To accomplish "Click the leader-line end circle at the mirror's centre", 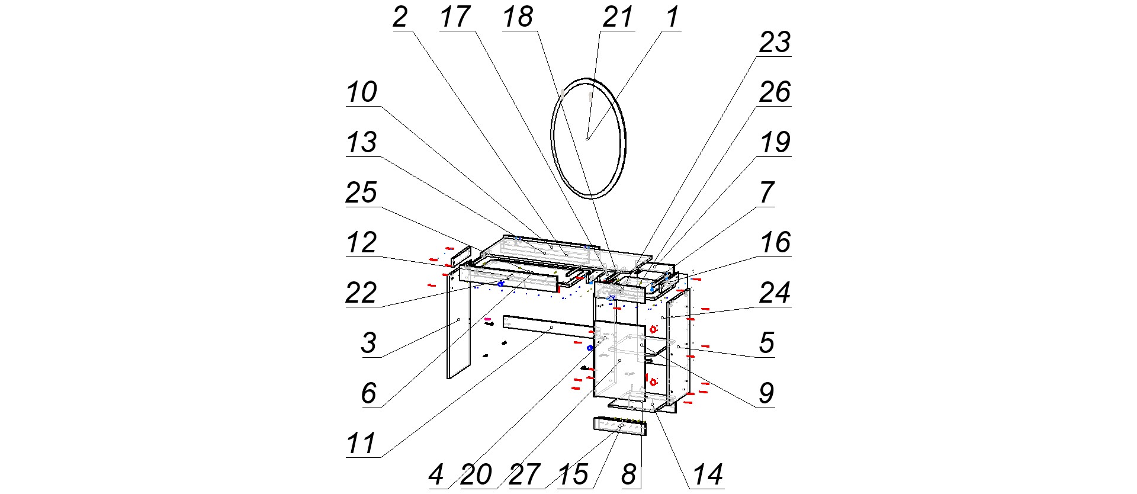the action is click(x=587, y=139).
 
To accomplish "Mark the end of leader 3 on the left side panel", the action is click(x=458, y=320).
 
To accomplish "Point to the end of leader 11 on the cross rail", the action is click(x=551, y=327).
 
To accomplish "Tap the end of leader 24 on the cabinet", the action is click(x=663, y=318).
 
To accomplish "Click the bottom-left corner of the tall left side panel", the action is click(x=448, y=378).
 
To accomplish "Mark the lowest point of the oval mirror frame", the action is click(x=592, y=198).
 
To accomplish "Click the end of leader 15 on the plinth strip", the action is click(x=621, y=426).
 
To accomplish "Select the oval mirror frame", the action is click(x=588, y=137).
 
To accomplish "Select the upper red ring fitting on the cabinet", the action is click(x=653, y=329).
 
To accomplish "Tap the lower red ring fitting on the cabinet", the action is click(x=653, y=381).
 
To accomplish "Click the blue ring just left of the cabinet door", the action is click(x=590, y=348).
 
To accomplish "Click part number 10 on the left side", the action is click(x=362, y=92).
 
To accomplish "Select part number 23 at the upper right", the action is click(x=775, y=43).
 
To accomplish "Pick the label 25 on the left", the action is click(x=361, y=193).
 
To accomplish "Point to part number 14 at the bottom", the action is click(x=708, y=474).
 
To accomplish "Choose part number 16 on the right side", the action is click(x=775, y=243).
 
